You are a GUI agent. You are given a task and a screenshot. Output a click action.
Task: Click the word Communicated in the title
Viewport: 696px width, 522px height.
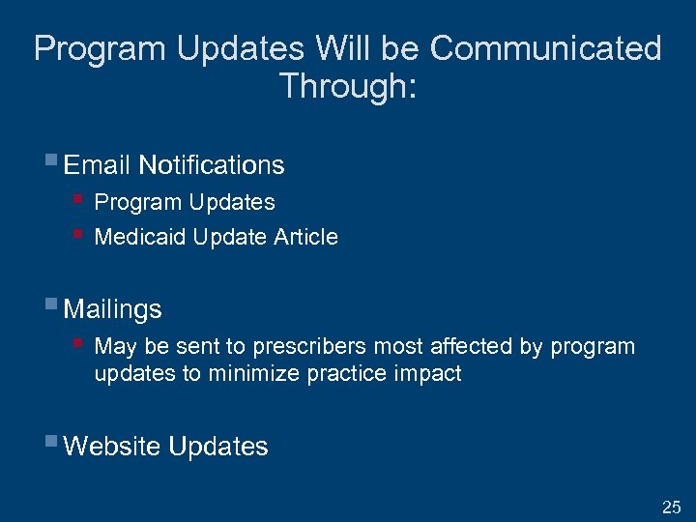click(545, 48)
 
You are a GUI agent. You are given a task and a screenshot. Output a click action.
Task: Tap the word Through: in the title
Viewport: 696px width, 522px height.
click(348, 86)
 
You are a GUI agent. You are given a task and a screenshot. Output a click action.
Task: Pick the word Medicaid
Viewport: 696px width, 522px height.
click(140, 237)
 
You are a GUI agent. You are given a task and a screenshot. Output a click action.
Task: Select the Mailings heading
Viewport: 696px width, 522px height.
click(112, 309)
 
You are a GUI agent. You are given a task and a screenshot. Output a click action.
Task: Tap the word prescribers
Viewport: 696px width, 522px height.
click(310, 347)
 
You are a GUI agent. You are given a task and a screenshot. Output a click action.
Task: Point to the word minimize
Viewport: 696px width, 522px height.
click(248, 373)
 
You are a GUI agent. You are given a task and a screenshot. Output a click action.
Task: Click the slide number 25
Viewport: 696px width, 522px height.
click(671, 507)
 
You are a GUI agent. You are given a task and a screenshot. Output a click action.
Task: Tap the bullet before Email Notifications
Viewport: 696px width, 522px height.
click(51, 161)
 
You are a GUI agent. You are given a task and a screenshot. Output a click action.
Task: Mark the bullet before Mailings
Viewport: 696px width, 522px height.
click(51, 305)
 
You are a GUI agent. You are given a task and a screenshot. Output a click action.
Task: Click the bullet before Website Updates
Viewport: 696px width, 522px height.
click(51, 443)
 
